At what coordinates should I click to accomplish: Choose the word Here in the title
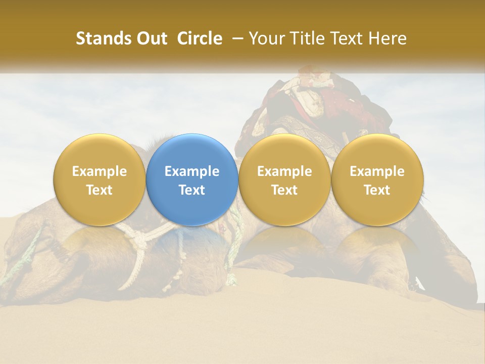387,38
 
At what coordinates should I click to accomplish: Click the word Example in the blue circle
192,171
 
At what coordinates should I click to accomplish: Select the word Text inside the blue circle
192,190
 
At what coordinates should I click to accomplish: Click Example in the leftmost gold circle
100,171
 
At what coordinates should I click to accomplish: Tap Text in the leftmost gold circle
100,190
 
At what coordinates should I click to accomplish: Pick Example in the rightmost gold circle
377,171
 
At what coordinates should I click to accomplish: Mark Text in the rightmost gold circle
377,190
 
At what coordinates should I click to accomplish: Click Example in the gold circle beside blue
284,171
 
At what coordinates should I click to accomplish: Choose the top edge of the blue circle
192,135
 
